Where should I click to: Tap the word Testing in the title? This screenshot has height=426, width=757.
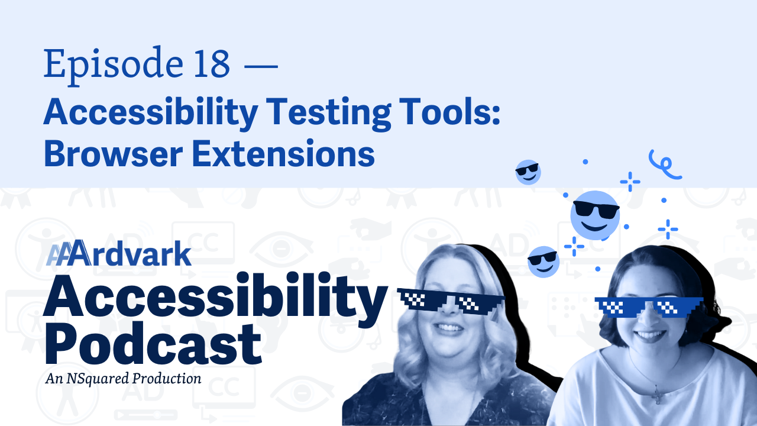328,113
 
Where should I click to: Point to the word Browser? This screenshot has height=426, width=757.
113,154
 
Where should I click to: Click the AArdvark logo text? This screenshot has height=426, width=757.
119,253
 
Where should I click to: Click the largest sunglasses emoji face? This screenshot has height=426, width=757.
595,215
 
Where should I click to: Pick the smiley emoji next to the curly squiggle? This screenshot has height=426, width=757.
528,172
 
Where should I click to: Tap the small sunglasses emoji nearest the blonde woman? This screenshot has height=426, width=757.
544,262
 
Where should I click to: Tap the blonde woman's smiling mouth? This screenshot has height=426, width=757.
449,328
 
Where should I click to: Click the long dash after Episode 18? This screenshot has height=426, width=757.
261,66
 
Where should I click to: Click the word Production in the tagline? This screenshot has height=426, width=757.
167,378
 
